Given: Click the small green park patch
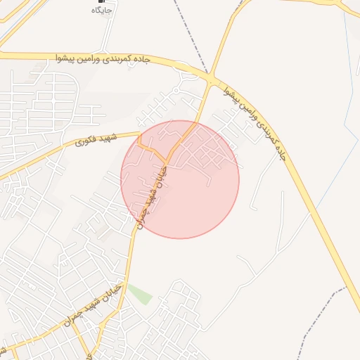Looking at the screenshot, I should [x=140, y=293].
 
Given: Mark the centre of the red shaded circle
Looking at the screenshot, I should [x=180, y=179].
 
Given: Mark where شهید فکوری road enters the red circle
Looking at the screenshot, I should [x=140, y=134].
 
